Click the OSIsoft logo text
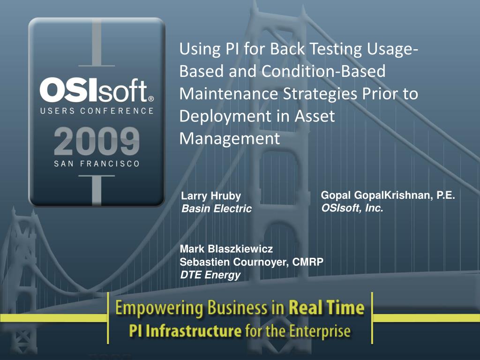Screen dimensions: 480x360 pyautogui.click(x=94, y=90)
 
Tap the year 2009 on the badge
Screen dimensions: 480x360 pyautogui.click(x=97, y=142)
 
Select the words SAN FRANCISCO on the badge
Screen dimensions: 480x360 pyautogui.click(x=97, y=164)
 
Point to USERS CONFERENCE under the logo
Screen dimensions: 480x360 pyautogui.click(x=97, y=111)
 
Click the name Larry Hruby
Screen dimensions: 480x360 pyautogui.click(x=211, y=196)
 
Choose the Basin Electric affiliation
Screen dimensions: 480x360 pyautogui.click(x=217, y=209)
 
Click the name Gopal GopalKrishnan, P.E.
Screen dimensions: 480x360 pyautogui.click(x=388, y=195)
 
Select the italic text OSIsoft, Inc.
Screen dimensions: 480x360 pyautogui.click(x=352, y=208)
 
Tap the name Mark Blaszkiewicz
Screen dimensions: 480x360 pyautogui.click(x=226, y=249)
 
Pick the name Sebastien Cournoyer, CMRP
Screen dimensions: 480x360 pyautogui.click(x=251, y=262)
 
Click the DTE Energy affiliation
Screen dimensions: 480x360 pyautogui.click(x=210, y=275)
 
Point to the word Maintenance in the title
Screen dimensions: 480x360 pyautogui.click(x=228, y=94)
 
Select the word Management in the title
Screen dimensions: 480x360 pyautogui.click(x=230, y=139)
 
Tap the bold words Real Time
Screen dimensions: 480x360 pyautogui.click(x=327, y=307)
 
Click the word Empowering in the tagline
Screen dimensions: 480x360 pyautogui.click(x=159, y=308)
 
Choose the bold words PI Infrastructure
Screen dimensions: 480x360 pyautogui.click(x=185, y=331)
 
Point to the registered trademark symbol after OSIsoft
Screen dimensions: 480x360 pyautogui.click(x=151, y=99)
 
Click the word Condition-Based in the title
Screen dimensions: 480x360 pyautogui.click(x=323, y=71)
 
